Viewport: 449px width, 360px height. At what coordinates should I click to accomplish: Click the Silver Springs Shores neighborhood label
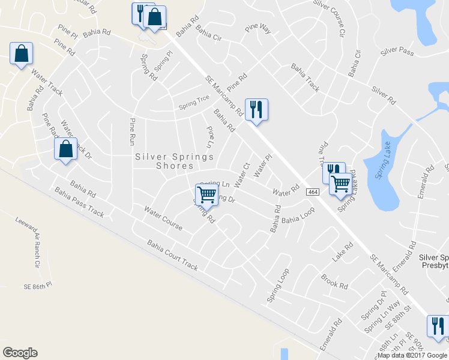[x=175, y=161]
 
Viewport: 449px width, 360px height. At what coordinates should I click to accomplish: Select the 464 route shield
[x=312, y=191]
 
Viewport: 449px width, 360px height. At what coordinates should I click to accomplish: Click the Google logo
[x=20, y=352]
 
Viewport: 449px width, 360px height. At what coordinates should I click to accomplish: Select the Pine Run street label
[x=133, y=132]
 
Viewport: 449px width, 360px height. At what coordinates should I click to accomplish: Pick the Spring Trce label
[x=192, y=106]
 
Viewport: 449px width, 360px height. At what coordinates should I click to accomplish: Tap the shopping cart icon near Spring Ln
[x=206, y=194]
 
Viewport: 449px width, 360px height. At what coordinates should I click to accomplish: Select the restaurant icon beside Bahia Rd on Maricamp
[x=256, y=109]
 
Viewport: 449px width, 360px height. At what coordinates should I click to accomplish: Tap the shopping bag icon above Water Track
[x=22, y=53]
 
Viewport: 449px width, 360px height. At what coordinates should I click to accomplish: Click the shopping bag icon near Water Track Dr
[x=66, y=149]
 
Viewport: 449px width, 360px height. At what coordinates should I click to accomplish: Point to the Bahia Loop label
[x=298, y=220]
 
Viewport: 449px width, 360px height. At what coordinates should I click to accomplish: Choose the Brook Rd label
[x=334, y=282]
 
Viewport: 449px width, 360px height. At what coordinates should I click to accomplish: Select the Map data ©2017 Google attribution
[x=412, y=355]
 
